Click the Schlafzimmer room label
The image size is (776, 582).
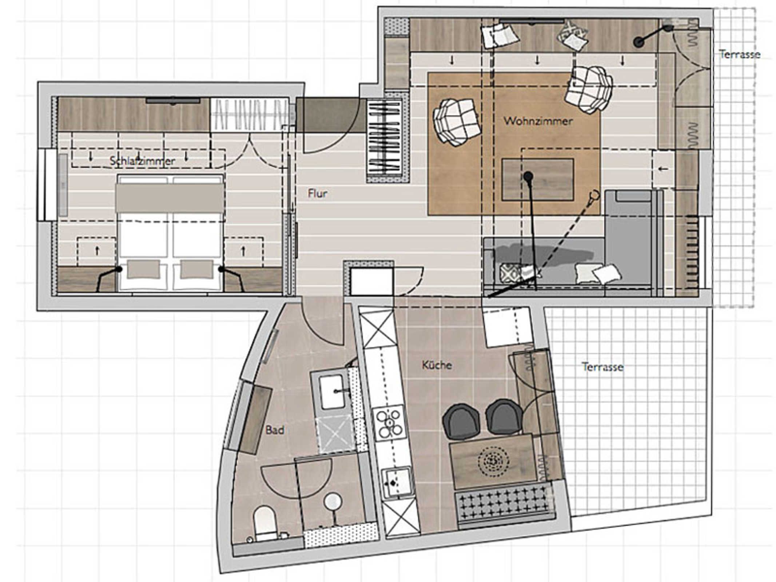point(142,161)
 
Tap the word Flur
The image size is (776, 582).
point(317,193)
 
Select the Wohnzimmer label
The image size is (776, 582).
point(538,121)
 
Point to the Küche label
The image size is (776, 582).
point(437,365)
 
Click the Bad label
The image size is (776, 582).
point(275,430)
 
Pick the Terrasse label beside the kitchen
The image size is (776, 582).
point(602,367)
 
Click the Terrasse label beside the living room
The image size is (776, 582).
point(740,55)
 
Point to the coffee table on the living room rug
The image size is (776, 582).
point(538,179)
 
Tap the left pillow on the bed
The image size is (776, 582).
point(143,270)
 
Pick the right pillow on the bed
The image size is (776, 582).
point(197,270)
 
